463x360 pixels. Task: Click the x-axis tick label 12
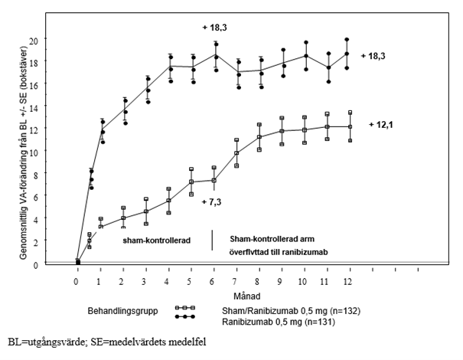tap(350, 282)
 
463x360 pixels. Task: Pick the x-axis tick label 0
tap(77, 282)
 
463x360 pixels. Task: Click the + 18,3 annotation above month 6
tap(214, 28)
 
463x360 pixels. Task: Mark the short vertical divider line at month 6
tap(212, 240)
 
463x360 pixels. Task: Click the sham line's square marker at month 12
tap(350, 126)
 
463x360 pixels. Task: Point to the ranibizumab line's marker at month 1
tap(100, 131)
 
